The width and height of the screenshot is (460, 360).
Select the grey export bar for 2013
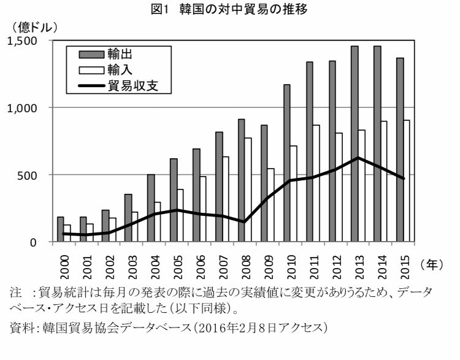[x=355, y=144]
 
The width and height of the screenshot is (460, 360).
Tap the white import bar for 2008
[x=248, y=190]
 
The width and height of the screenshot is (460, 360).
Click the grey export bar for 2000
[x=61, y=229]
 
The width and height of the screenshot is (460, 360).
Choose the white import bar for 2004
[x=158, y=222]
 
